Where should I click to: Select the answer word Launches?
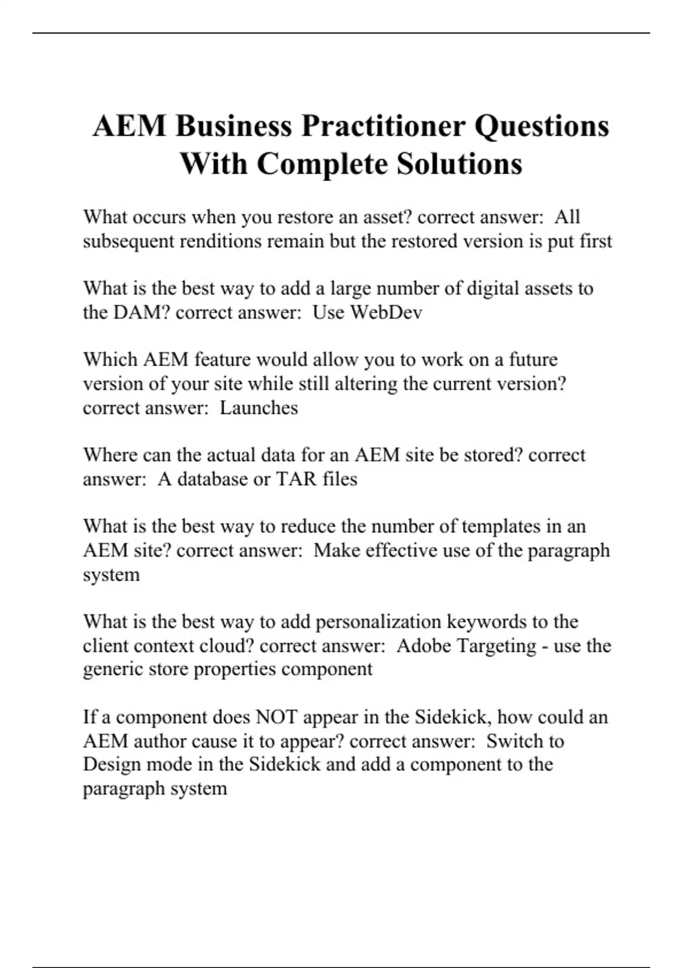[258, 408]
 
